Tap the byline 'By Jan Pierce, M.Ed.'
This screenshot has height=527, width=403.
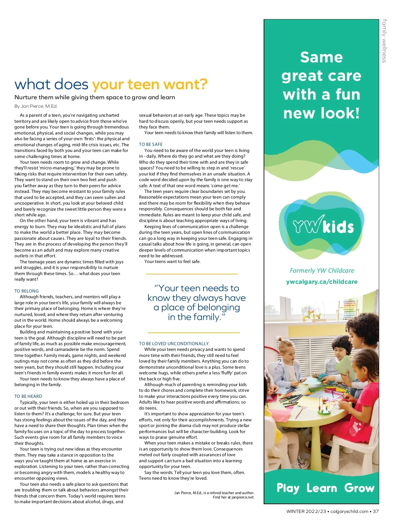tap(36, 106)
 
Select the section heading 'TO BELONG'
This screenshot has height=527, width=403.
tap(27, 291)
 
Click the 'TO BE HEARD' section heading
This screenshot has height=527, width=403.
tap(28, 396)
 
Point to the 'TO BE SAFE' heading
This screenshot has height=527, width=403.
tap(151, 144)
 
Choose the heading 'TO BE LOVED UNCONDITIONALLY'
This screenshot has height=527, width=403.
tap(174, 344)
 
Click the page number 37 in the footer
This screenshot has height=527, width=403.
tap(376, 511)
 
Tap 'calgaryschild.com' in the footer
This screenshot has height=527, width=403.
tap(349, 511)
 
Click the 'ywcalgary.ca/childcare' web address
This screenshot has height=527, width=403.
tap(322, 282)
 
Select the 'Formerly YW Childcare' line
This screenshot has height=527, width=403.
tap(322, 270)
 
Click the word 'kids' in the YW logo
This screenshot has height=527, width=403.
tap(338, 227)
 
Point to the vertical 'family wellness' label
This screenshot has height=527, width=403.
tap(384, 41)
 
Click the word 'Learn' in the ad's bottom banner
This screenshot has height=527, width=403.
tap(321, 488)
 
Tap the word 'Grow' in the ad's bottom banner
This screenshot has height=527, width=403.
tap(359, 488)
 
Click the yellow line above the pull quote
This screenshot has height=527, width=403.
tap(192, 274)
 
